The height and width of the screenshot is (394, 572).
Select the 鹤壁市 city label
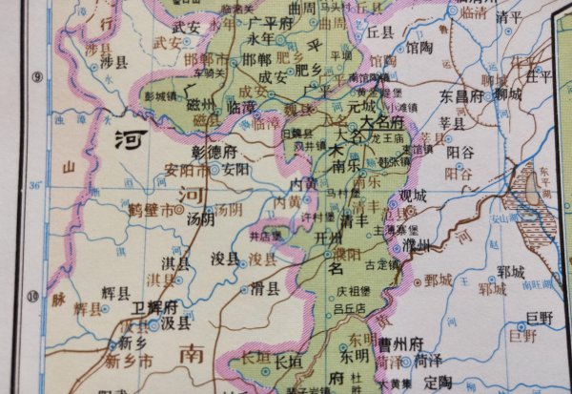152,208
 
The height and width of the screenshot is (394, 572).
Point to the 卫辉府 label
155,306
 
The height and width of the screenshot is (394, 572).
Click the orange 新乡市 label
128,361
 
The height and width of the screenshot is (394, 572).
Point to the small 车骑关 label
209,71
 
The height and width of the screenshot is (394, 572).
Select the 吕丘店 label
349,308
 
